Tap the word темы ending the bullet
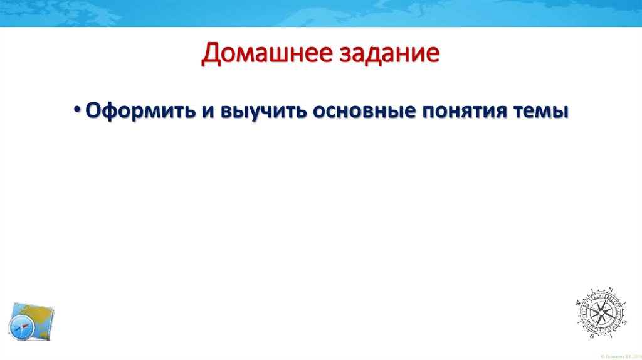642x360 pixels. [543, 111]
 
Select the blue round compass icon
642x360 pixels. [21, 329]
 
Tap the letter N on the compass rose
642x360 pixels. [610, 289]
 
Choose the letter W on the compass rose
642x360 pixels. [578, 303]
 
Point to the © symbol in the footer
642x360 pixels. [602, 356]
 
